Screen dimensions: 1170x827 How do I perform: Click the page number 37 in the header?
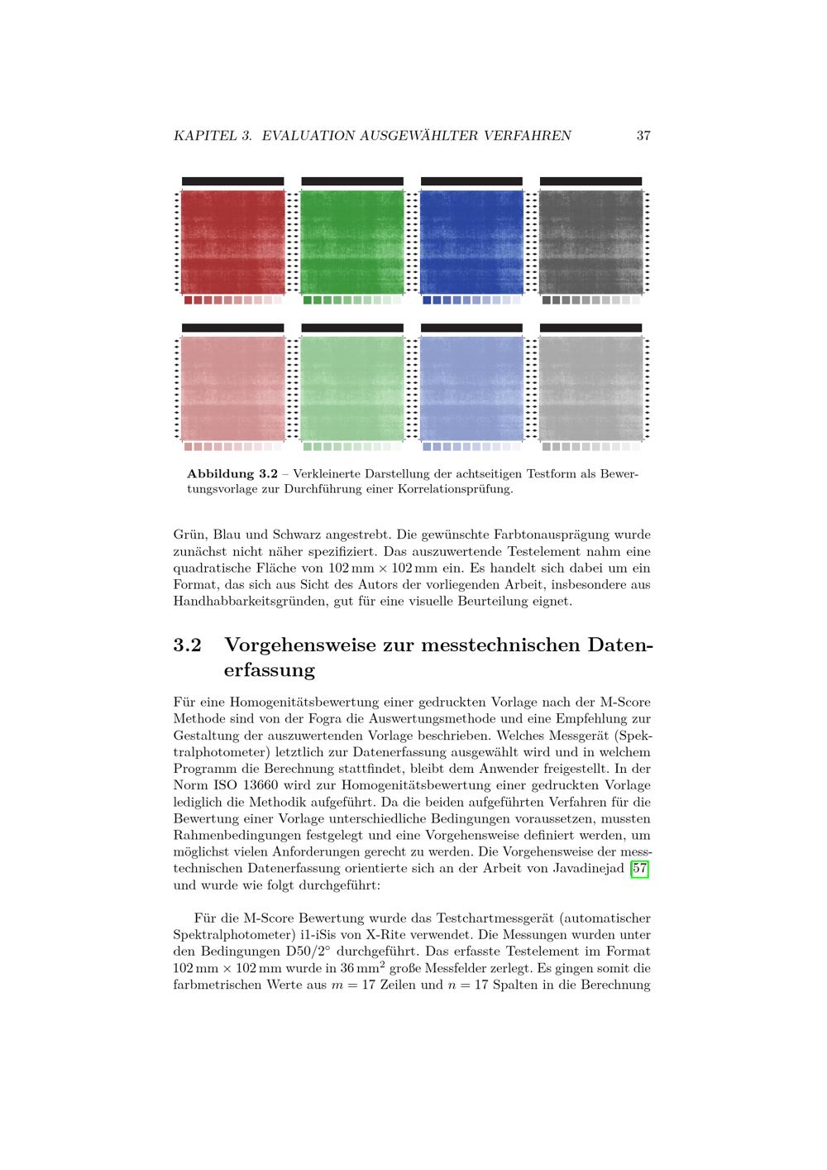coord(643,136)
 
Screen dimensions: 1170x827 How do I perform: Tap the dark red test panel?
coord(232,242)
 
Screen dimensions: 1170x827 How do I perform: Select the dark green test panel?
coord(352,242)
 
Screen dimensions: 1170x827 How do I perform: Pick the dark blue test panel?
coord(471,242)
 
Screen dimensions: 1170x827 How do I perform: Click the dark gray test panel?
coord(590,242)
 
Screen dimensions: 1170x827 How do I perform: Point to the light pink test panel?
coord(232,388)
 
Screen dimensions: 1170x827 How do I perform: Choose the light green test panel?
coord(352,388)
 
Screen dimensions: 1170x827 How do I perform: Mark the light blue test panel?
coord(471,388)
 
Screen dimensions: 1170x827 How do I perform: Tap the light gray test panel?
coord(590,388)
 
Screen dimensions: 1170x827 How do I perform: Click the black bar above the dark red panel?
coord(232,181)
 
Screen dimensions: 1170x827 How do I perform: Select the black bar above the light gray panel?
coord(590,328)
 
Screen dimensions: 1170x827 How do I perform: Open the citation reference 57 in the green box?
coord(639,869)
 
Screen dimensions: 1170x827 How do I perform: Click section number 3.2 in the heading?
coord(188,645)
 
